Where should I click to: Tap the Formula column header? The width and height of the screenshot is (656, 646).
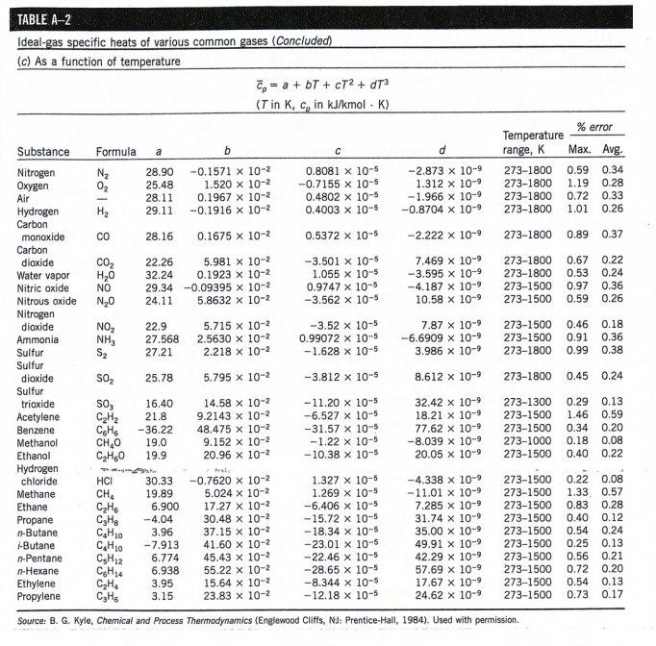pyautogui.click(x=114, y=152)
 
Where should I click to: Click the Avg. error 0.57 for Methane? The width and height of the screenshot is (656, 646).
pyautogui.click(x=613, y=493)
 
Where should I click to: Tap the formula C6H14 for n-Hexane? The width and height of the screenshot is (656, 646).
pyautogui.click(x=109, y=569)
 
